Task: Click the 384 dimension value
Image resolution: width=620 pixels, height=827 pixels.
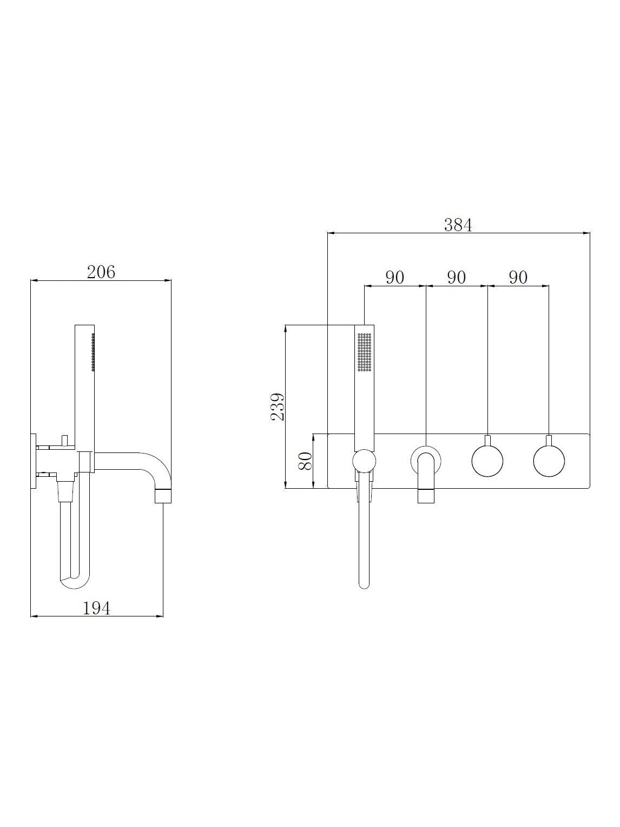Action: [x=458, y=225]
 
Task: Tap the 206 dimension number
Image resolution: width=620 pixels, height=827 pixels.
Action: [x=101, y=272]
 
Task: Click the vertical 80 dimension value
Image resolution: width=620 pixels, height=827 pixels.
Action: [x=305, y=461]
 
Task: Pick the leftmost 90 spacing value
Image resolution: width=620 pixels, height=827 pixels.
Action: [x=395, y=277]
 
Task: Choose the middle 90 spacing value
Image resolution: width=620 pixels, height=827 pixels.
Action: [x=457, y=277]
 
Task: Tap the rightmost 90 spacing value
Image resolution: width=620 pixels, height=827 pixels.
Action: [x=518, y=277]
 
